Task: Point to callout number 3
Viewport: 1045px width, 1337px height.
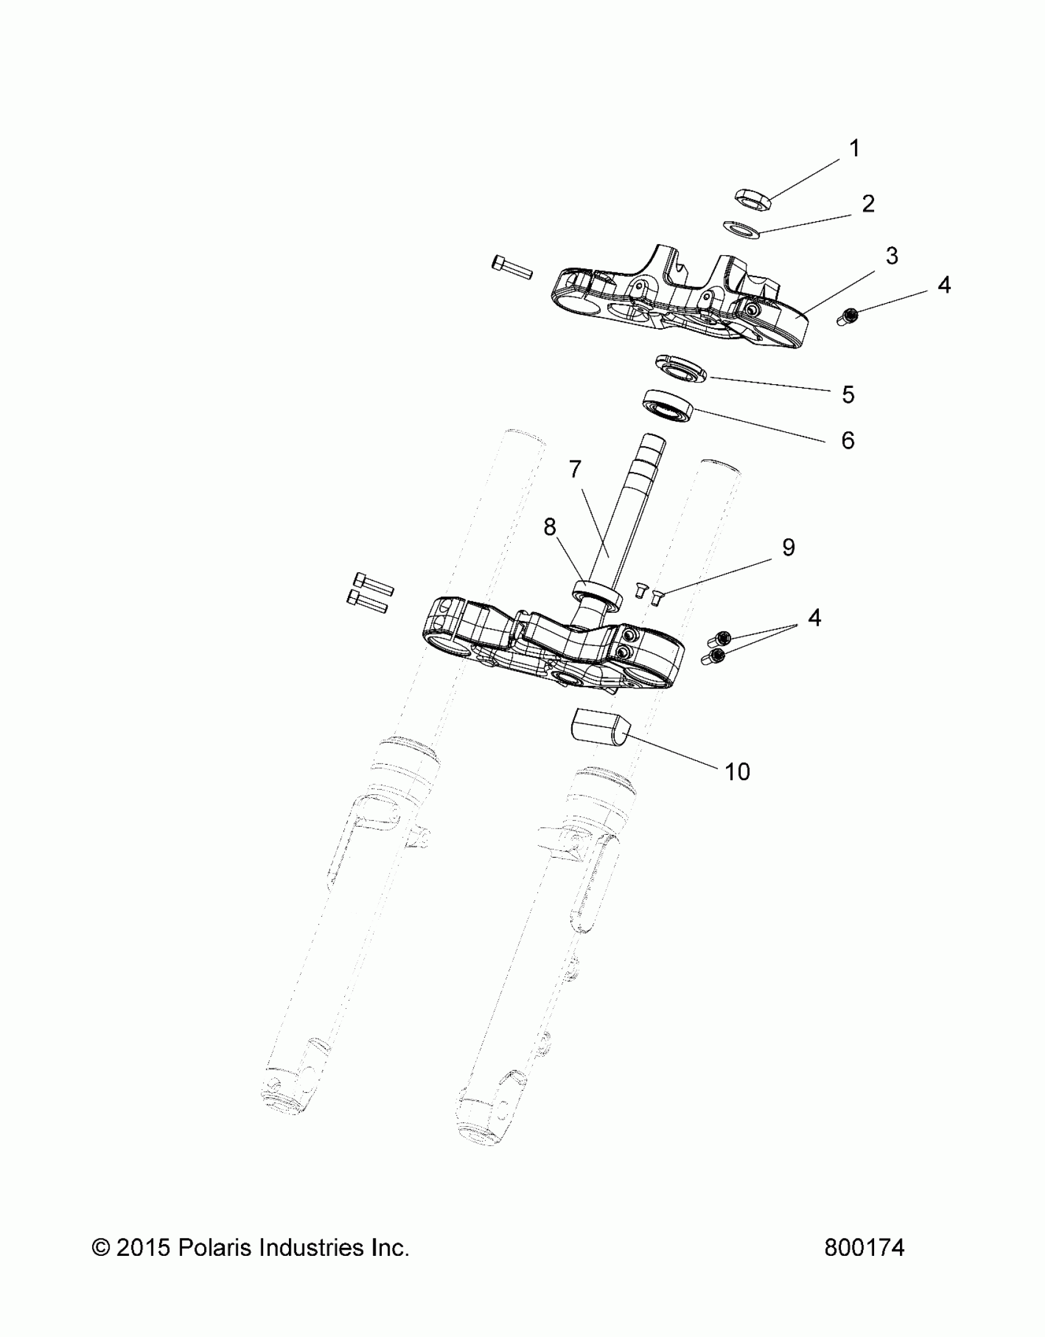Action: (891, 256)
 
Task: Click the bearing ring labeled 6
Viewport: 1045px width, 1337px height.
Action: (668, 405)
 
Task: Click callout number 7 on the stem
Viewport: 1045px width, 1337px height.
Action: (575, 470)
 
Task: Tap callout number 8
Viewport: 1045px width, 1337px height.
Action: (550, 527)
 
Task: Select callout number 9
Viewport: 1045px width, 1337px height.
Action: (789, 547)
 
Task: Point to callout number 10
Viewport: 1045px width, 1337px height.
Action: (737, 771)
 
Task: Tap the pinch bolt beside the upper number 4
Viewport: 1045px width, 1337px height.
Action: (848, 317)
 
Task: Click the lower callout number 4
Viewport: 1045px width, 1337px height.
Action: (814, 618)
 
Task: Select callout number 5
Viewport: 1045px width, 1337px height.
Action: (848, 395)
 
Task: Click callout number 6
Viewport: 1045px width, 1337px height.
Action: (848, 440)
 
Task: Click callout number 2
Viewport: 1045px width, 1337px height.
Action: (868, 204)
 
